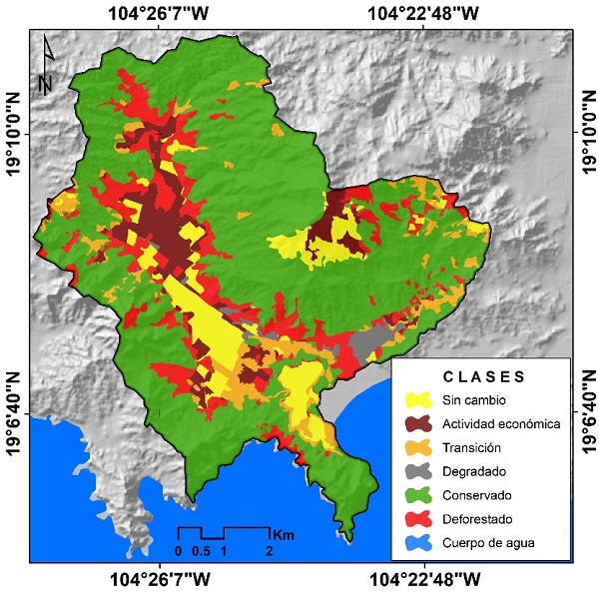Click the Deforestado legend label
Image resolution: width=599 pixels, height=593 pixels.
coord(477,519)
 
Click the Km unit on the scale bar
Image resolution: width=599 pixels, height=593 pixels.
coord(283,533)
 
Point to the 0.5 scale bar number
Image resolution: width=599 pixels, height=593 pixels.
coord(201,551)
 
